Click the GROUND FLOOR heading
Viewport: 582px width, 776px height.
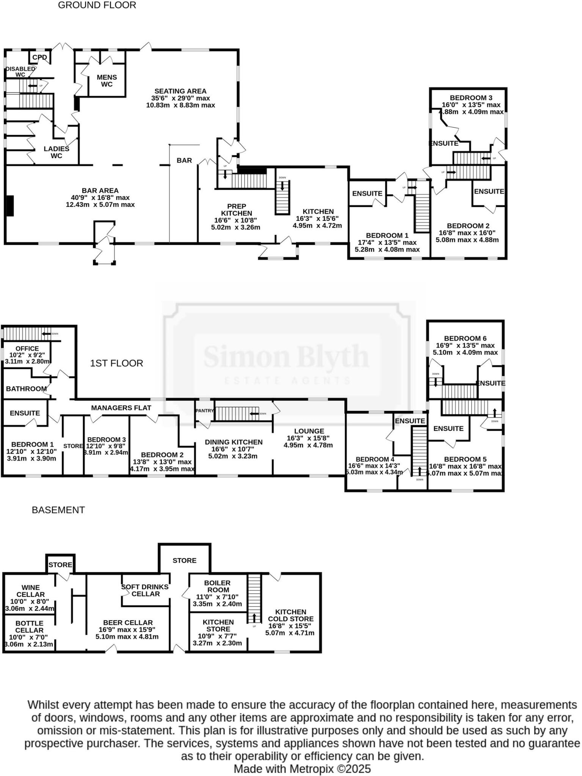pos(97,5)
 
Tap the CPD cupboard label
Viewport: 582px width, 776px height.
pos(39,58)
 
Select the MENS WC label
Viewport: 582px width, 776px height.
pos(107,81)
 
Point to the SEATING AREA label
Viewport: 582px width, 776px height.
pos(180,91)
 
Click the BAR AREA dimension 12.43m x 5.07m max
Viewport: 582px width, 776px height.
pos(100,205)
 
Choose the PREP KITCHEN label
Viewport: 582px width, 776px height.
pos(237,210)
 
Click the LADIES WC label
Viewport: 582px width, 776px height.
pos(56,152)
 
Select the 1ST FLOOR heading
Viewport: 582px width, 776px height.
pos(116,363)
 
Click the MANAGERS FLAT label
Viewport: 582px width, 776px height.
pos(121,408)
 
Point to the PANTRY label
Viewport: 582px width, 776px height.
pos(205,411)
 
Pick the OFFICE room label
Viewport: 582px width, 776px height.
pos(27,349)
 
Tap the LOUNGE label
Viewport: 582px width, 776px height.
pos(309,431)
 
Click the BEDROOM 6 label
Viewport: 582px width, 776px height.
pos(465,338)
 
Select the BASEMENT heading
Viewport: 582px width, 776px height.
pos(58,510)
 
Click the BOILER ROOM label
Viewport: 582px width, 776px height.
pos(217,587)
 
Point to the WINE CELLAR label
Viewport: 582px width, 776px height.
pos(30,591)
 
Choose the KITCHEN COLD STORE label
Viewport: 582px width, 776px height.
pos(290,615)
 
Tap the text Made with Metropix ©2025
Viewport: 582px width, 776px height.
pos(302,769)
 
